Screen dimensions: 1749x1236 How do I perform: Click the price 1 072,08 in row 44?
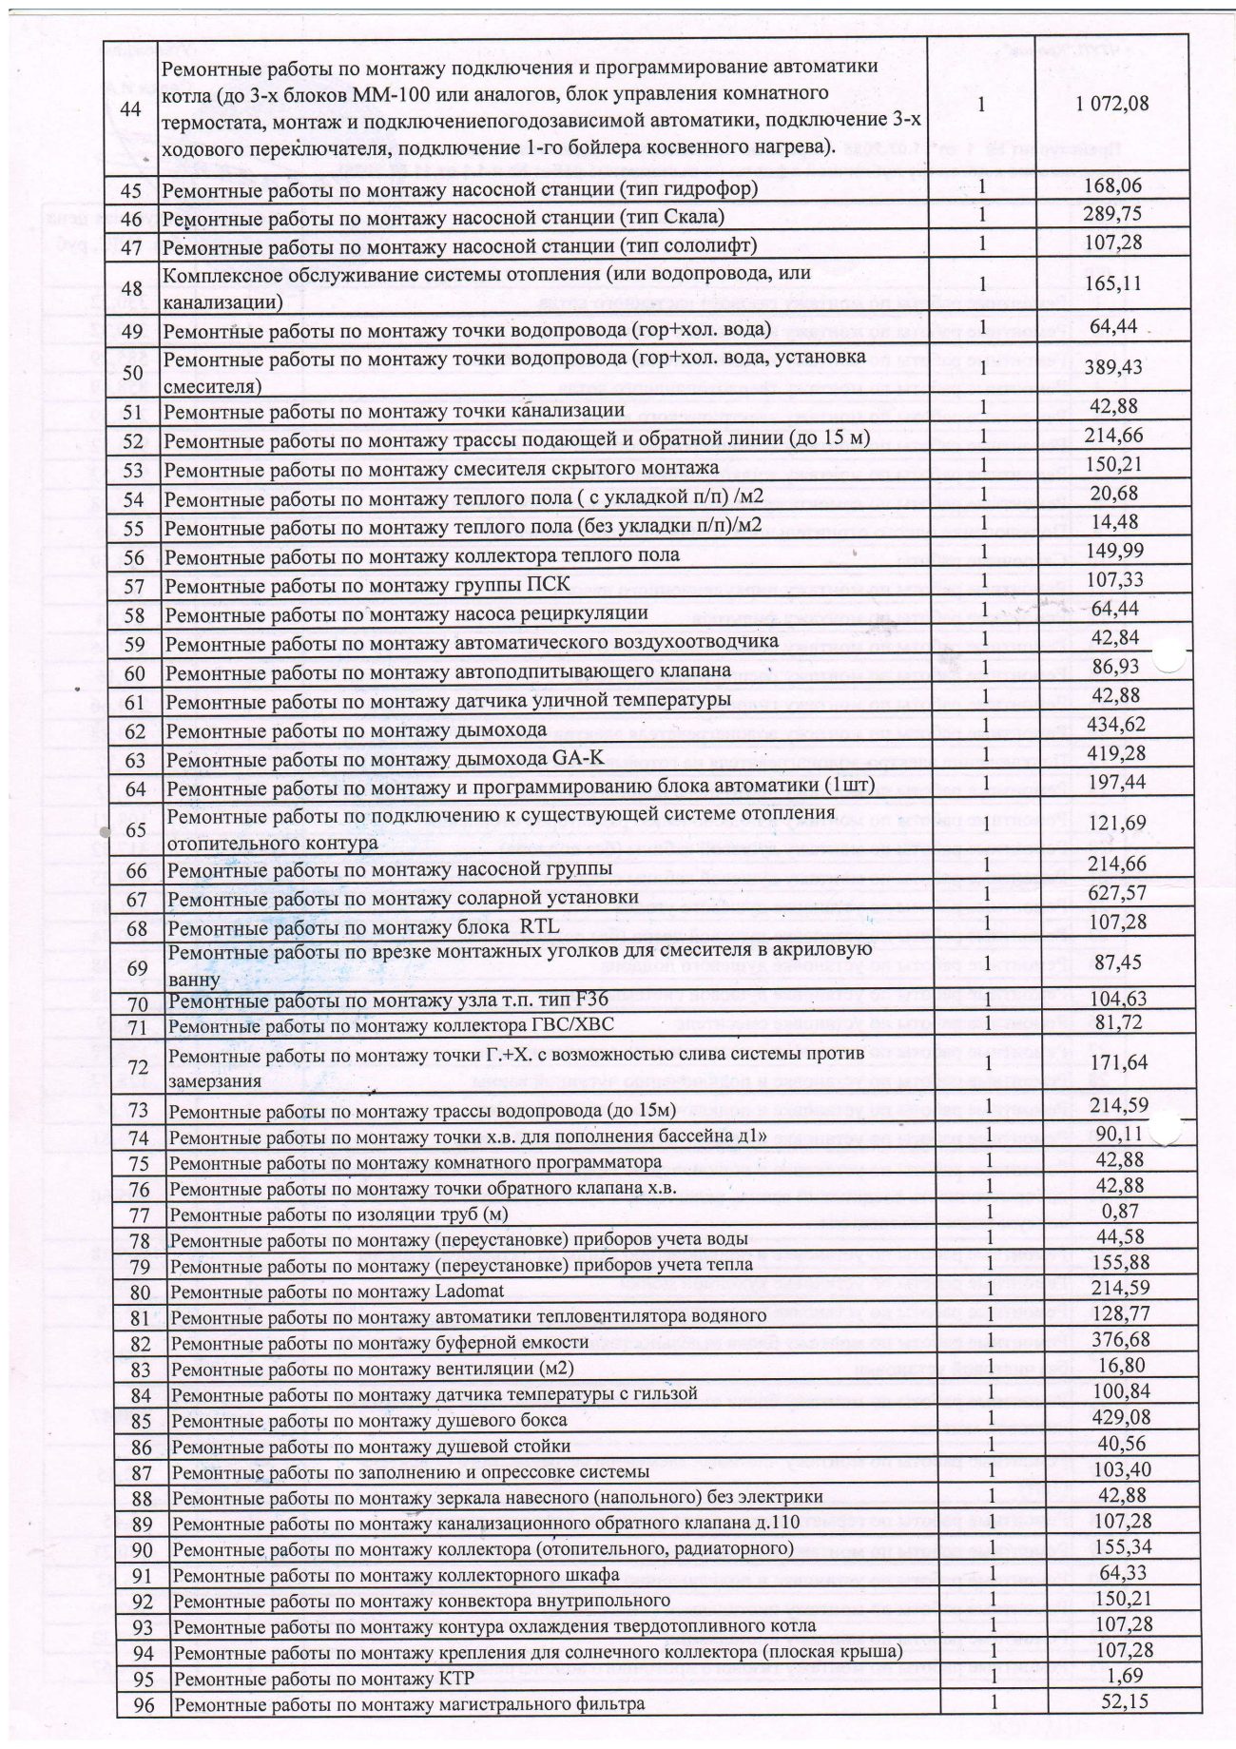point(1111,105)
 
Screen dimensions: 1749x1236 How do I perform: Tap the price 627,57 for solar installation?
point(1115,893)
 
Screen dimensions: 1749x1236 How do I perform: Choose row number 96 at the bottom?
point(144,1704)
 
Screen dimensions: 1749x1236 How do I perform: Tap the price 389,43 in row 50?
point(1115,368)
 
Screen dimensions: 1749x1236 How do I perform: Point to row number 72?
point(138,1068)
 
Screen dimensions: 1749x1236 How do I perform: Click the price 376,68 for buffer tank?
point(1116,1339)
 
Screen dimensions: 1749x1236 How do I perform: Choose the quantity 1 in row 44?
point(980,105)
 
